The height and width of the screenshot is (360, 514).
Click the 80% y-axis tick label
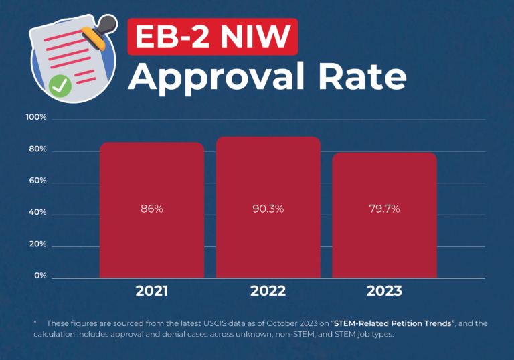[x=37, y=150]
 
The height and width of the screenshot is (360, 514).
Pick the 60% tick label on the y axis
[x=37, y=181]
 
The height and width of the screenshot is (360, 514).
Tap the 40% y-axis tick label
[x=37, y=213]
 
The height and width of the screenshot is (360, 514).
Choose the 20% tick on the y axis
[x=37, y=245]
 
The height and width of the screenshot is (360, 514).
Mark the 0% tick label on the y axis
[x=39, y=276]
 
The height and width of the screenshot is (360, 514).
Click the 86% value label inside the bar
[x=151, y=209]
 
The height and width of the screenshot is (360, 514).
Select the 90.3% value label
[x=268, y=209]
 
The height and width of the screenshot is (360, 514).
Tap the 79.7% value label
[x=384, y=209]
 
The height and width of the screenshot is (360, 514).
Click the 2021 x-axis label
[x=152, y=291]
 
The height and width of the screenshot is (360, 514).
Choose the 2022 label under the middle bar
[x=268, y=291]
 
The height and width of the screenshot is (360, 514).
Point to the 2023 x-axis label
[x=384, y=291]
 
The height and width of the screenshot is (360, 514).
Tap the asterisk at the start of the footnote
[x=35, y=323]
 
